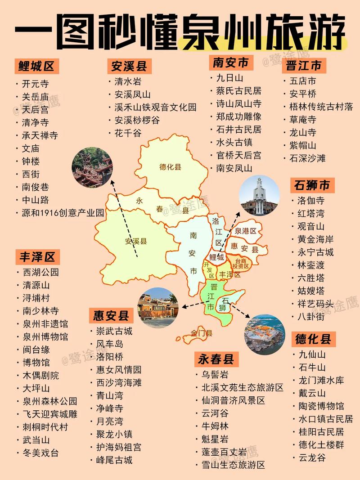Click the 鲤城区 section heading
point(36,67)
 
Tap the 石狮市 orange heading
point(312,185)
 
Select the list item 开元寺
point(36,84)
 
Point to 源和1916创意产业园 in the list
point(63,212)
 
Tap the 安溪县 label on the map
point(136,241)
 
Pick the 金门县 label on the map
point(201,333)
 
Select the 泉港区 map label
point(246,231)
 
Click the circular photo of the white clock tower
point(260,195)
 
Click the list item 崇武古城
point(114,331)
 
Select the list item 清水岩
point(128,81)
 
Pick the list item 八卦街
point(311,316)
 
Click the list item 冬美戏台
point(40,453)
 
